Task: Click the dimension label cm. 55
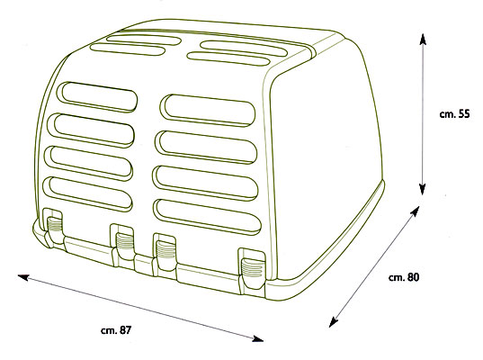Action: [454, 113]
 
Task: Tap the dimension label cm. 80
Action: [404, 277]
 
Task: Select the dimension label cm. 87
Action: [116, 330]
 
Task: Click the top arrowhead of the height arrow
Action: [423, 39]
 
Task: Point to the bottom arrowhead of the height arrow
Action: [423, 190]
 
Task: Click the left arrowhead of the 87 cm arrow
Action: [23, 277]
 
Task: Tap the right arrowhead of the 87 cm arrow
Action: [258, 338]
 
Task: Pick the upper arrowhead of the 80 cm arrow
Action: [416, 211]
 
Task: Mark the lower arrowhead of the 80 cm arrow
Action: [333, 322]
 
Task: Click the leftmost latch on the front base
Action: [53, 227]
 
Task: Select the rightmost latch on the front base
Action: [252, 269]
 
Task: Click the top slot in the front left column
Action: [97, 96]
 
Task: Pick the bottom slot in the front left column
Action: [88, 193]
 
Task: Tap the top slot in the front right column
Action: [208, 110]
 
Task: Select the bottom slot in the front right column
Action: [207, 217]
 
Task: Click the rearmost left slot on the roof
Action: [144, 40]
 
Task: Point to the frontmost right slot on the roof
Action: [228, 58]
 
